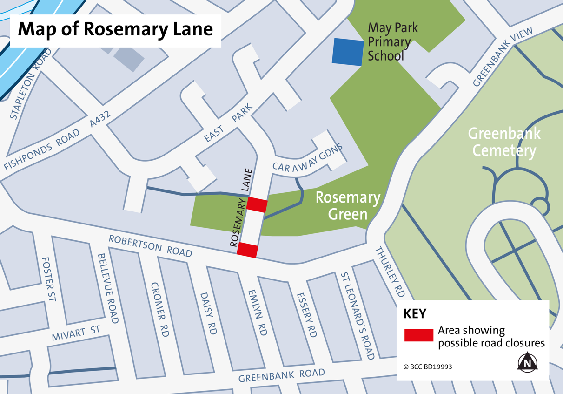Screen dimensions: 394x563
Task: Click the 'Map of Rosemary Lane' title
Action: [x=115, y=29]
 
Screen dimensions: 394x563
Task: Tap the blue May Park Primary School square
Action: [x=347, y=52]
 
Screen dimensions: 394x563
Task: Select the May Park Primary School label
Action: [x=390, y=42]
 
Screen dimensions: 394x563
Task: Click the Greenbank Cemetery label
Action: [x=504, y=142]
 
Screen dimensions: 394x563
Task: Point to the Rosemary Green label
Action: [x=348, y=205]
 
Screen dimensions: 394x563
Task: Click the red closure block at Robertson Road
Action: [x=247, y=250]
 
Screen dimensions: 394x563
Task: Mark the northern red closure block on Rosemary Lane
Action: [x=257, y=204]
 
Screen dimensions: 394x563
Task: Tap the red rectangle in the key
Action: [x=418, y=335]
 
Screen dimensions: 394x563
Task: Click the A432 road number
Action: [x=100, y=122]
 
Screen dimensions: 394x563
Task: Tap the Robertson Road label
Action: [x=150, y=245]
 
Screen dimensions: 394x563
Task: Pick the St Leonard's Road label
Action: [x=358, y=316]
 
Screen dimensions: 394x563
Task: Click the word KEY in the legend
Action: [x=415, y=314]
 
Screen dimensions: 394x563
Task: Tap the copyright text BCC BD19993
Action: [x=428, y=367]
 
